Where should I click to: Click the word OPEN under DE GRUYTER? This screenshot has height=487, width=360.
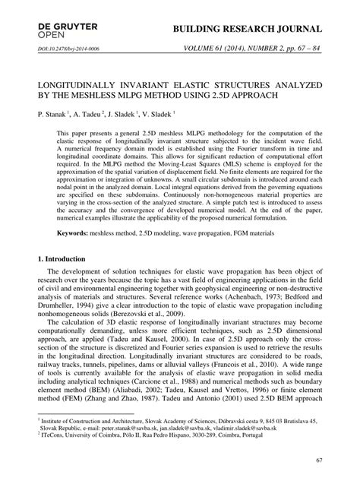[x=52, y=36]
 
